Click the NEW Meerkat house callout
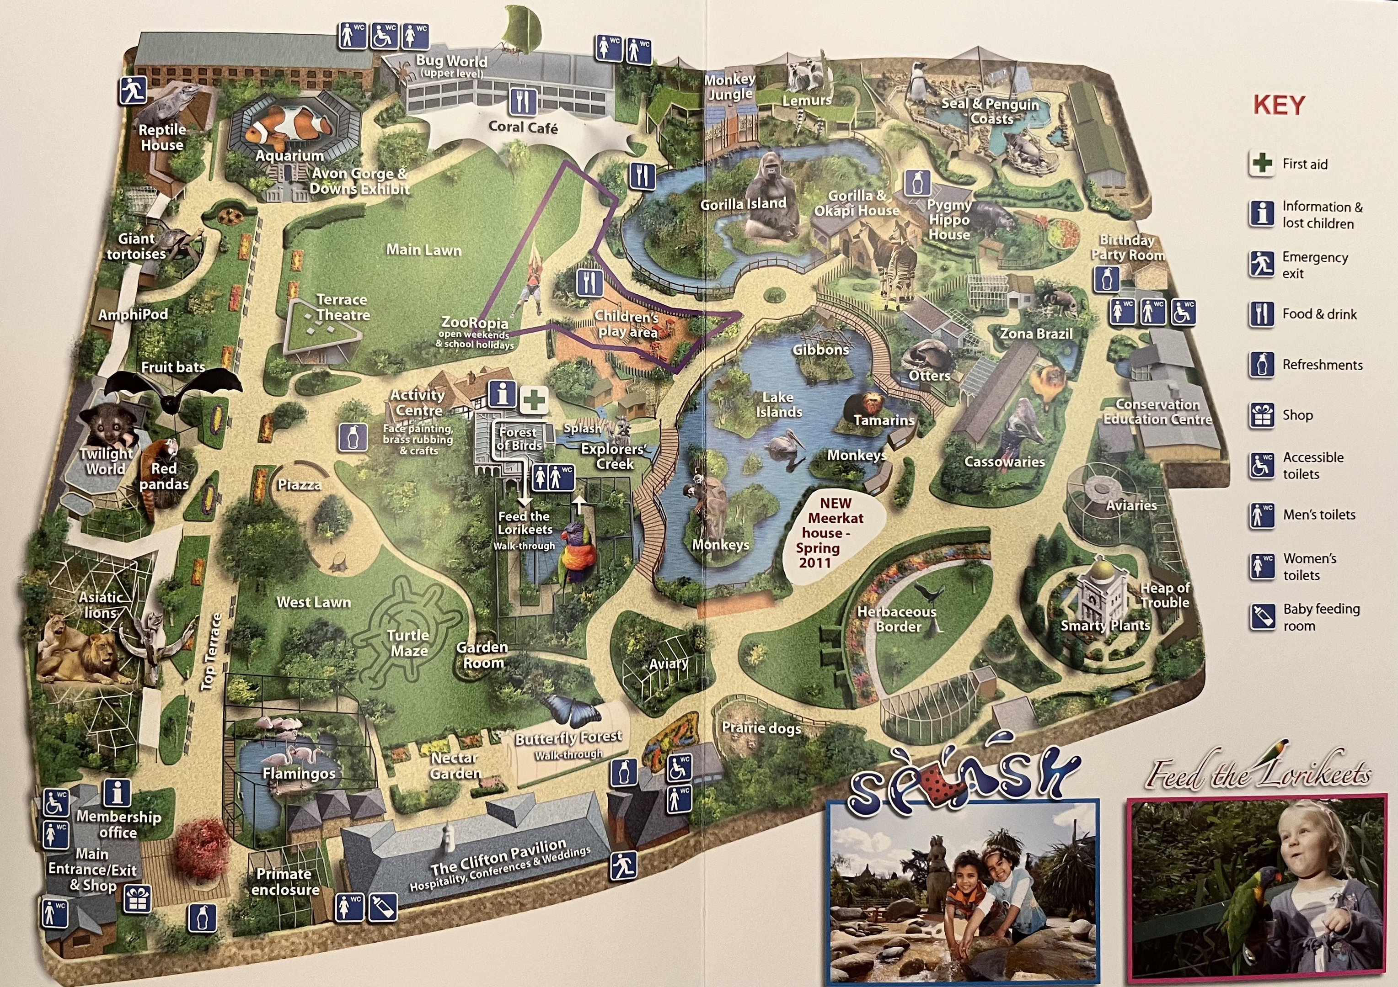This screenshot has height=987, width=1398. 835,532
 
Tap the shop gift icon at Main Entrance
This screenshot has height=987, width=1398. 137,899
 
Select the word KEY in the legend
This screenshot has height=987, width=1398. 1279,105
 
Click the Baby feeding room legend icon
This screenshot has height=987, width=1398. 1262,616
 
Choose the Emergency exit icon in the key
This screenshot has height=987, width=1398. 1262,265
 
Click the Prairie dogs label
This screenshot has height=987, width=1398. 761,728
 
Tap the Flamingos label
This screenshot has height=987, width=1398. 299,774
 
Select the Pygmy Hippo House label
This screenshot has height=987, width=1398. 948,220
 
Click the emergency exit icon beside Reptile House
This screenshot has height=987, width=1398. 133,90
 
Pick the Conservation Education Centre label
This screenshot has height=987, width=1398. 1157,412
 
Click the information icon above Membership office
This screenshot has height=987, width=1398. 117,793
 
